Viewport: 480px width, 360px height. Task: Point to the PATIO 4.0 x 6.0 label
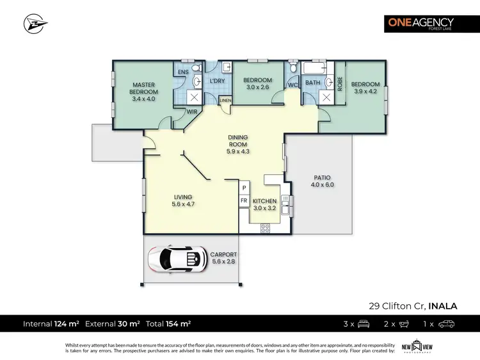click(x=322, y=181)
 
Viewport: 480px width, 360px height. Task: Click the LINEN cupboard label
click(x=225, y=100)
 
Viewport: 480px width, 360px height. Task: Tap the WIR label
click(x=191, y=111)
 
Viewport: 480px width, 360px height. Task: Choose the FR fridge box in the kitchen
click(x=244, y=200)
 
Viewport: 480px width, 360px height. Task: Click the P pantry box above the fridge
click(x=244, y=187)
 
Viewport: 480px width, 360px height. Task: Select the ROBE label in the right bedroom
click(x=340, y=83)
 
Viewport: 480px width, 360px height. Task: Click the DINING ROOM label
click(x=237, y=144)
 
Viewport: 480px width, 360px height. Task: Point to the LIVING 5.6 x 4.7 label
click(x=182, y=200)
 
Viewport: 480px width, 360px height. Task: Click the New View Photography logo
click(x=414, y=347)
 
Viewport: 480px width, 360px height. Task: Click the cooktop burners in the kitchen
click(x=266, y=227)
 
